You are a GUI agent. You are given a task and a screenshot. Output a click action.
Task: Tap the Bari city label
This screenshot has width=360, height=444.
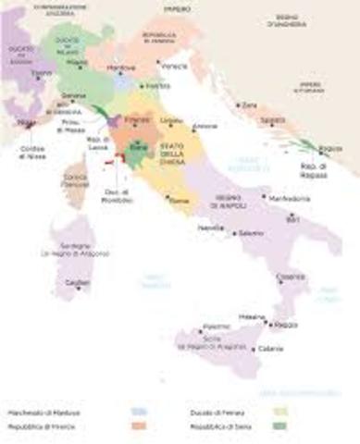point(295,220)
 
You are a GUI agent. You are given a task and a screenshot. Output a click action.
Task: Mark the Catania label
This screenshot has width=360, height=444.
point(269,348)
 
